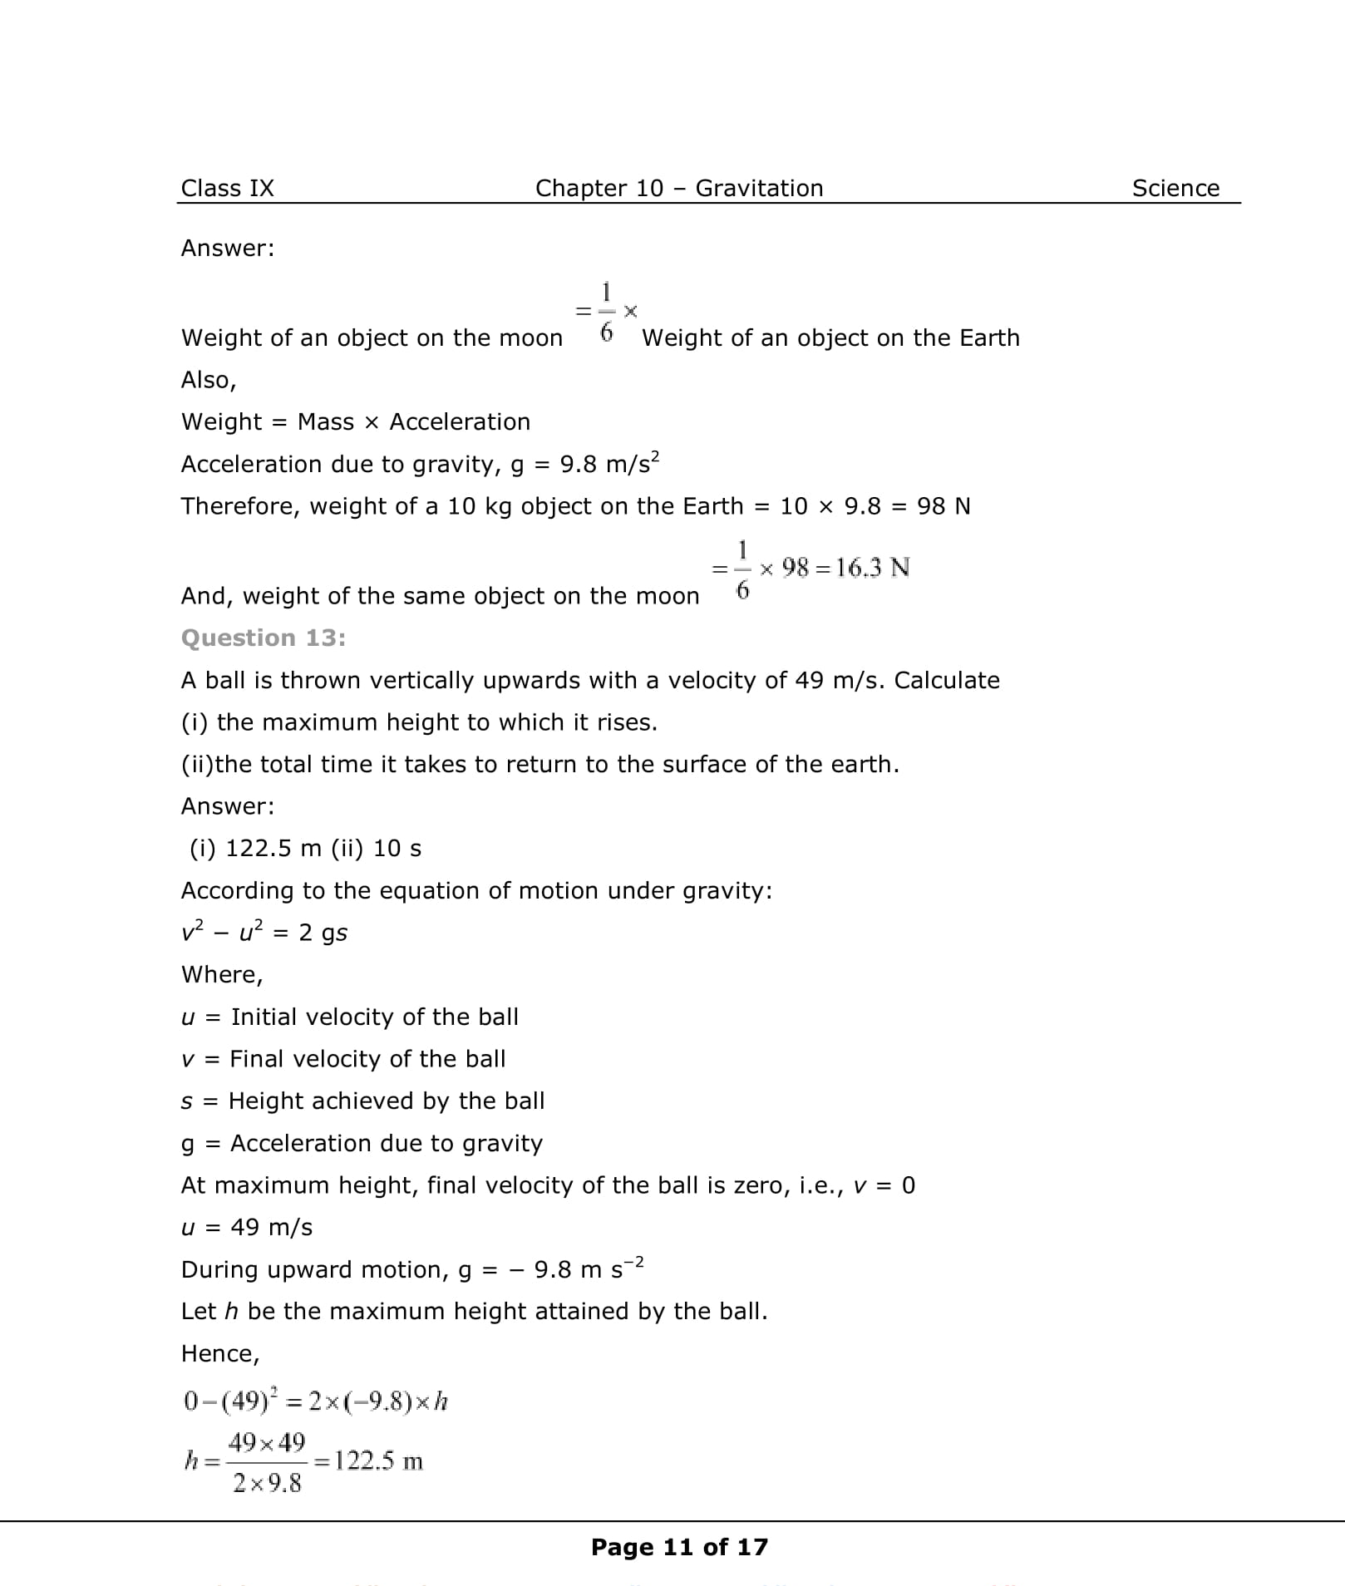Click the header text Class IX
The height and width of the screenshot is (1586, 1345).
pos(227,189)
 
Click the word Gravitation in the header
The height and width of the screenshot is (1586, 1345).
pos(759,189)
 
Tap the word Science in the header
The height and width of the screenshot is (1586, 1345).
pos(1175,189)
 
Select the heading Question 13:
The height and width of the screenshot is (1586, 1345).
pos(264,638)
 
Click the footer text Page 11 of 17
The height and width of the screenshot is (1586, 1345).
pos(679,1547)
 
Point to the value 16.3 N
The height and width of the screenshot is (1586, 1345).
pos(873,569)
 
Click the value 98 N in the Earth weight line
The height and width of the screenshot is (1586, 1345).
pos(943,506)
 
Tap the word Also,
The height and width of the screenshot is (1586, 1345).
pos(209,381)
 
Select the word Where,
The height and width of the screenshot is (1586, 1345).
pos(222,975)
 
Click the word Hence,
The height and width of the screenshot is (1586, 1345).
pos(220,1354)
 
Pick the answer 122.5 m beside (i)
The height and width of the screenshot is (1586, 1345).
pos(273,849)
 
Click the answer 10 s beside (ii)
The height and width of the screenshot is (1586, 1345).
pos(397,849)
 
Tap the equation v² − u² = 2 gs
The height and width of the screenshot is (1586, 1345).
pos(264,933)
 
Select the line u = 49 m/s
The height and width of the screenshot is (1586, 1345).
pos(247,1228)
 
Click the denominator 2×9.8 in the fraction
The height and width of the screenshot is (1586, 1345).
pos(267,1483)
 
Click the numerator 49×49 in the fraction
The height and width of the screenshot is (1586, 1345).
pos(267,1442)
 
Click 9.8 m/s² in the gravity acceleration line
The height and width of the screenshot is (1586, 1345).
pos(609,464)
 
